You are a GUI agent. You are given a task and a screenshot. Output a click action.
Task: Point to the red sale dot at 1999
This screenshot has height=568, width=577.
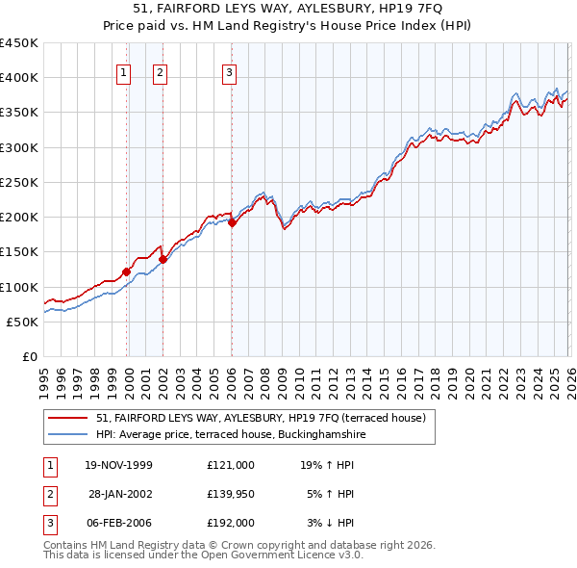tap(127, 271)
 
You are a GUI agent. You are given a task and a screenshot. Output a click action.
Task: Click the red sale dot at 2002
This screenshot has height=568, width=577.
tap(163, 259)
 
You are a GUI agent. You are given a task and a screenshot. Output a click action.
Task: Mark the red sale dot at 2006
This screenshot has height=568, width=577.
tap(232, 222)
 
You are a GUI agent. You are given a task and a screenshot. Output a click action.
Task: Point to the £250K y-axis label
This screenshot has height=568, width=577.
tap(19, 182)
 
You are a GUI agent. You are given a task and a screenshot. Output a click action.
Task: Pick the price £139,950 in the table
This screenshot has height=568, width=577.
tap(230, 494)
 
